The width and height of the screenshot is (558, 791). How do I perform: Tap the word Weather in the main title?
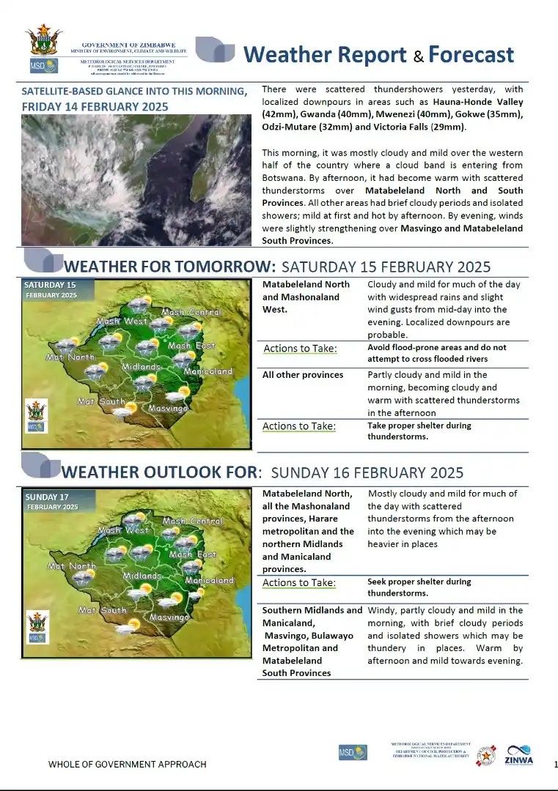[x=324, y=55]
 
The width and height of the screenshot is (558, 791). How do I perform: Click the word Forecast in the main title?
[x=471, y=55]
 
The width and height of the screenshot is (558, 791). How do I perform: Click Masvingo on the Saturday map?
[x=168, y=408]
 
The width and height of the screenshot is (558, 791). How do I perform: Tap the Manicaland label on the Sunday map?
[x=208, y=580]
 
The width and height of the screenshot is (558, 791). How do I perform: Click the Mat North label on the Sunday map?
[x=71, y=566]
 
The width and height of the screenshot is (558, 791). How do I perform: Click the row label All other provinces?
[x=303, y=375]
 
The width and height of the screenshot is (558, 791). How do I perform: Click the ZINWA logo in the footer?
[x=518, y=754]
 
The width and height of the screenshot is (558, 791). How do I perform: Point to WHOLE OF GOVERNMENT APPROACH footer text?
[x=127, y=765]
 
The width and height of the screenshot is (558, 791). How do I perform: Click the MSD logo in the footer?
[x=347, y=752]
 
